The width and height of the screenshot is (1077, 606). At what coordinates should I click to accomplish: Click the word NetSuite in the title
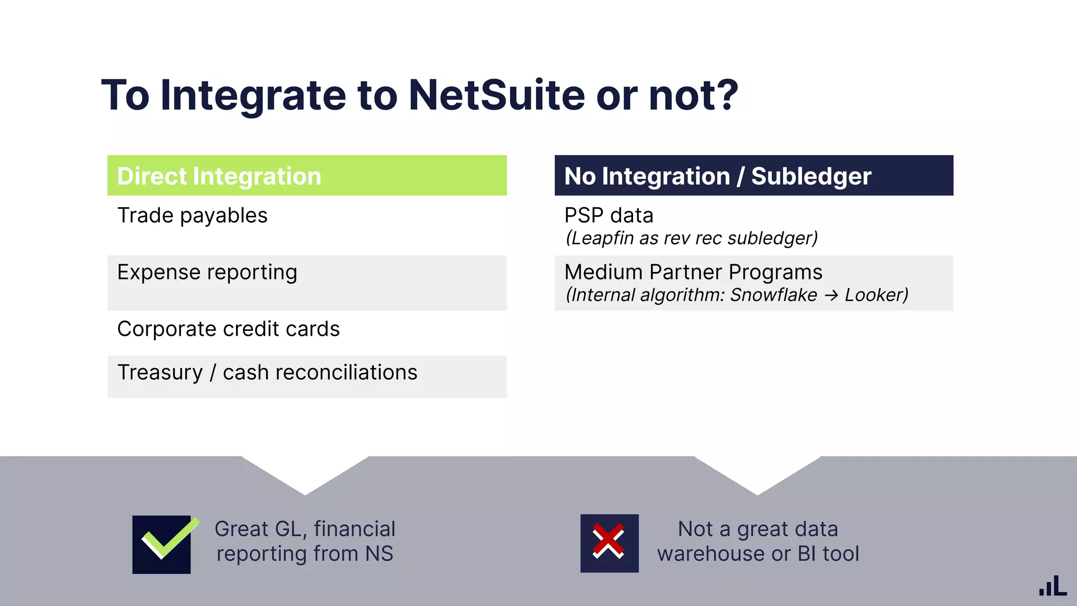coord(496,95)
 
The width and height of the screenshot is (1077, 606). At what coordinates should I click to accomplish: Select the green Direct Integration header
coord(307,176)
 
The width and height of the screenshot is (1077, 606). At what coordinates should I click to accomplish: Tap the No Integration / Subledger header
coord(754,176)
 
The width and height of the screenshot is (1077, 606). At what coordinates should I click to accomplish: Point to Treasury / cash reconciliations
coord(267,372)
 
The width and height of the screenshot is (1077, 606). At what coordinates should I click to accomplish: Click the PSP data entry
coord(608,216)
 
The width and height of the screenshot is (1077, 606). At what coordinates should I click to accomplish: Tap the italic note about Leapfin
coord(692,238)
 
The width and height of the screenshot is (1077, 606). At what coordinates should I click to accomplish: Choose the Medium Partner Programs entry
coord(693,272)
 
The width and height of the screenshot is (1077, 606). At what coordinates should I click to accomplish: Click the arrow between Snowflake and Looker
coord(831,296)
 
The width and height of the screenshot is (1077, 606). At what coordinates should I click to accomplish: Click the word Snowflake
coord(774,295)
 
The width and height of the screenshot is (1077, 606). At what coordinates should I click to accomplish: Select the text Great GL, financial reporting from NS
coord(305,541)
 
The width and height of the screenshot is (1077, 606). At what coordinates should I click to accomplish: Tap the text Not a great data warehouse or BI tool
coord(758,541)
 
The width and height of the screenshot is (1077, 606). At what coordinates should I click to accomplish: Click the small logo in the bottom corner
coord(1052,585)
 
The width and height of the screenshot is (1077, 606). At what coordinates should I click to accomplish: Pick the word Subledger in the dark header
coord(811,176)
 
